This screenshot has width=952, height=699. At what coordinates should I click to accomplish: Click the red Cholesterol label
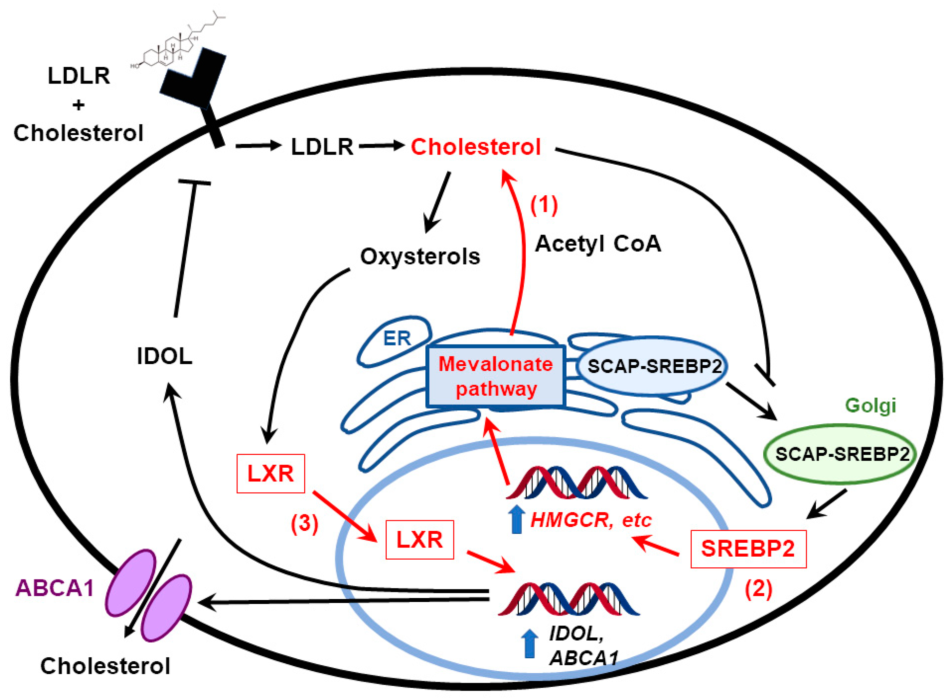475,147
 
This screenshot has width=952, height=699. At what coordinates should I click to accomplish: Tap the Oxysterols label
420,257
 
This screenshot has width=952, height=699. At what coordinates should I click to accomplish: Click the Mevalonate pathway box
496,376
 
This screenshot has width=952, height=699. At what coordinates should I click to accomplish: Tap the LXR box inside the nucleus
419,540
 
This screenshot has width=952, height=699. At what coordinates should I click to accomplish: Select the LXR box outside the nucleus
271,473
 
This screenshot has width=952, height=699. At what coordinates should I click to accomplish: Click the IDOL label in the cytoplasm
165,356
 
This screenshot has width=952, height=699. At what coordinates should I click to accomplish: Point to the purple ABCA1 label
54,588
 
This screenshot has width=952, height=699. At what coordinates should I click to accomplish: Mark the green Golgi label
871,405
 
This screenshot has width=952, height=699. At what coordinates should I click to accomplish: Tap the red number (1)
544,205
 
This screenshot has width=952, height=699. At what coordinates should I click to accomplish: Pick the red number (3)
304,524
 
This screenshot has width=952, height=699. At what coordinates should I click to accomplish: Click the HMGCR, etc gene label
591,520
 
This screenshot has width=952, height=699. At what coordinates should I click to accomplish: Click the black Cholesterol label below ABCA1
105,666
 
